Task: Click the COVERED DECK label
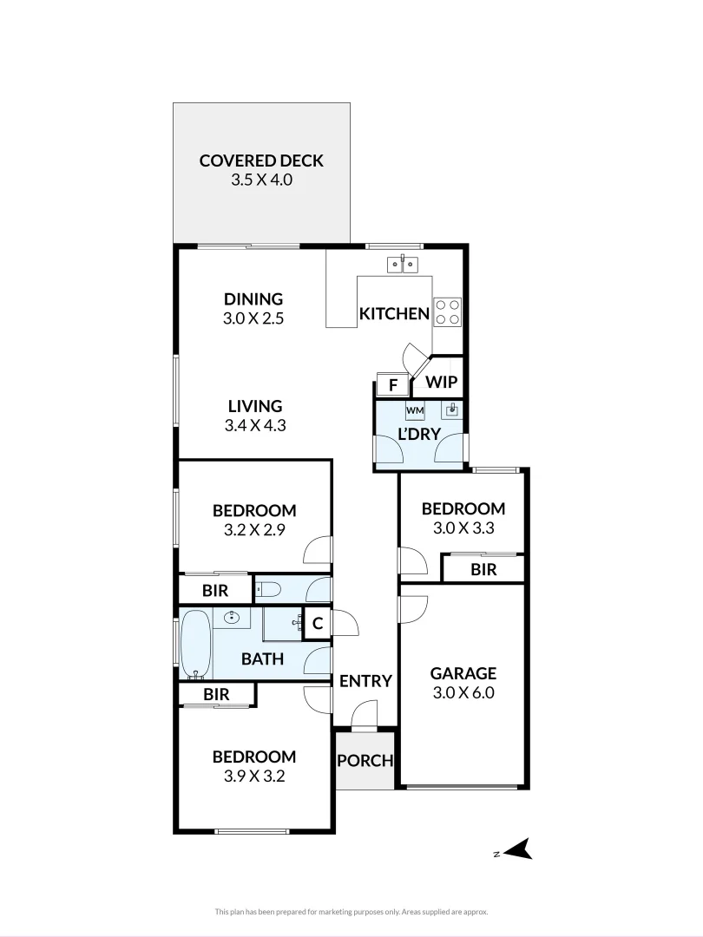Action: click(261, 161)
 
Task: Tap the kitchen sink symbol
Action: click(403, 265)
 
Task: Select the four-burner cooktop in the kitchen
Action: click(447, 311)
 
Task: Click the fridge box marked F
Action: click(392, 385)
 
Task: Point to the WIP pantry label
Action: click(441, 383)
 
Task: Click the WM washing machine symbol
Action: click(415, 410)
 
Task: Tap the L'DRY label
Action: click(419, 435)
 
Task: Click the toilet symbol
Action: click(268, 591)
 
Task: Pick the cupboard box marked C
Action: click(317, 623)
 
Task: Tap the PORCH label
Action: click(365, 761)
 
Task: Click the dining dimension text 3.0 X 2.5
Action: click(253, 318)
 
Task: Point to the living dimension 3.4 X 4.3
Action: click(255, 425)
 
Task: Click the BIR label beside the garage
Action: click(483, 569)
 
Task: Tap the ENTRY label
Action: click(365, 681)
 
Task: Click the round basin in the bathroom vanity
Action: click(232, 618)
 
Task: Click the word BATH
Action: click(262, 659)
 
